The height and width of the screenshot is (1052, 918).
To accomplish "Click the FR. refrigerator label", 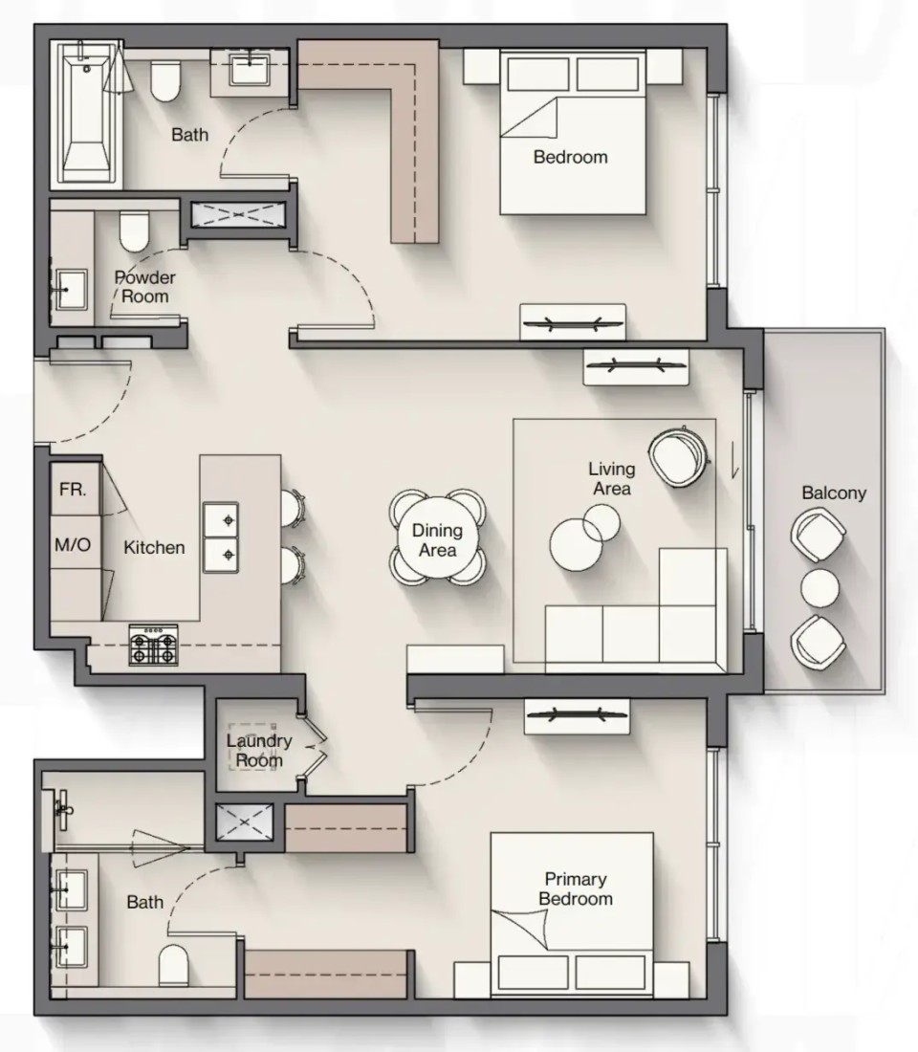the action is click(x=73, y=490).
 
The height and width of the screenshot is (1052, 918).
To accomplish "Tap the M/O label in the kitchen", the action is click(x=73, y=545).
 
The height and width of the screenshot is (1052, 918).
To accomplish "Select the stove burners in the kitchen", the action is click(x=154, y=646).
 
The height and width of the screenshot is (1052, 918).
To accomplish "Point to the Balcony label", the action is click(x=834, y=493).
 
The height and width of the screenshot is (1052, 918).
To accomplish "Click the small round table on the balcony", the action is click(x=820, y=588).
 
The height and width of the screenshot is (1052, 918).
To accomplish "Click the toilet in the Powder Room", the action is click(x=134, y=230).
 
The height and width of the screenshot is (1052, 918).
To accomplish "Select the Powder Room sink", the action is click(x=71, y=289).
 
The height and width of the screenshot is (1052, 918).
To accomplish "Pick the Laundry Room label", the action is click(x=259, y=751).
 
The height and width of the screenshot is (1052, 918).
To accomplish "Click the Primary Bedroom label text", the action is click(x=576, y=889).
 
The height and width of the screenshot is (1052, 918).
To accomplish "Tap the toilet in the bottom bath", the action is click(x=174, y=965).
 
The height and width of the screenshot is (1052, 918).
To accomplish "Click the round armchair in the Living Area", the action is click(x=678, y=456).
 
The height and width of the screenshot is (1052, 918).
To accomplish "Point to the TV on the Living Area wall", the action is click(x=636, y=366).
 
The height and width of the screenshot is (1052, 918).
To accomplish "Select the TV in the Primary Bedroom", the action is click(x=578, y=714).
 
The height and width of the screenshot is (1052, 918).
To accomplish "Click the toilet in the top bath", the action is click(x=165, y=80).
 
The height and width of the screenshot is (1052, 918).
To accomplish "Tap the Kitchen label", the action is click(x=154, y=547).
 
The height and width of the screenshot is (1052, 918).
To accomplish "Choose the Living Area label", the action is click(x=612, y=478).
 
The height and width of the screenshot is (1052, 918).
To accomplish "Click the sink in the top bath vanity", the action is click(x=250, y=70).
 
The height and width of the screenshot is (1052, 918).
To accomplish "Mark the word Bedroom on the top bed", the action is click(x=570, y=157).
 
